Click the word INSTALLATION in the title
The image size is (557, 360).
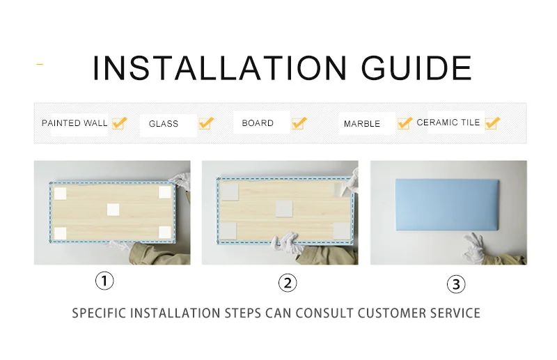[219, 68]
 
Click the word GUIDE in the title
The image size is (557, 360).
[416, 68]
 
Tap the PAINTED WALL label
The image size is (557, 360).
[74, 123]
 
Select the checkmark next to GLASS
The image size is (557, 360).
[206, 123]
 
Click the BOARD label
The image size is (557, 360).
[258, 123]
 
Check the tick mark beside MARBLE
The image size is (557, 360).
[405, 123]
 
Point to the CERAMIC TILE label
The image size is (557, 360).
[448, 123]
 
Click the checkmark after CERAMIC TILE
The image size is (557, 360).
[493, 123]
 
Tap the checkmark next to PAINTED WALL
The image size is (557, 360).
[119, 123]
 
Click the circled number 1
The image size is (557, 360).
[104, 281]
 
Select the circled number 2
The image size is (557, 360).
[288, 283]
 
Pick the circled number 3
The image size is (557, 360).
[456, 284]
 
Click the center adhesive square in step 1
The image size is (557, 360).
[113, 210]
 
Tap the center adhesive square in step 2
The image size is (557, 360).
[284, 208]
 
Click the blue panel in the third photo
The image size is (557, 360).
[447, 205]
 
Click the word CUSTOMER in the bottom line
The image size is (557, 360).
[391, 313]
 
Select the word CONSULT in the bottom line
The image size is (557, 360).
[324, 313]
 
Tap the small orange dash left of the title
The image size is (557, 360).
[40, 64]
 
